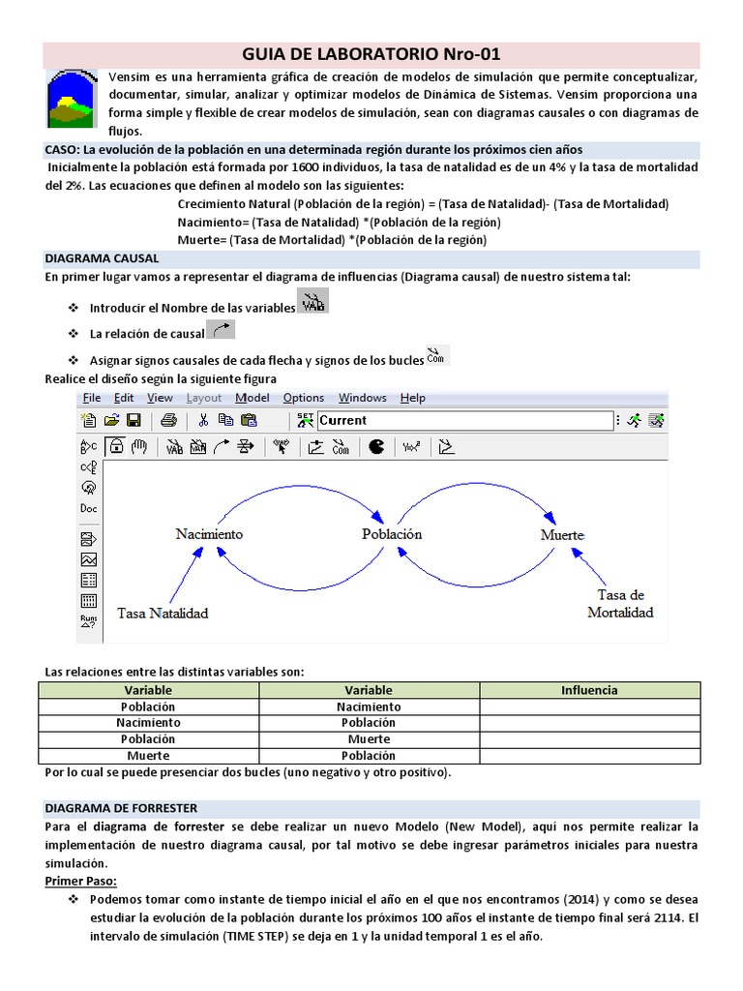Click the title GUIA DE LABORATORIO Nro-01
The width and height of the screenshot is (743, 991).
tap(371, 54)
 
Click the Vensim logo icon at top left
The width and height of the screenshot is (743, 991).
tap(71, 99)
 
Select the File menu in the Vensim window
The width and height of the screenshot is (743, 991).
tap(92, 398)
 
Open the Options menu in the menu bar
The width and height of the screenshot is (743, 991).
tap(304, 398)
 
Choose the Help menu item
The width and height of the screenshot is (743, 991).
tap(412, 398)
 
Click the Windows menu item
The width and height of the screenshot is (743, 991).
tap(362, 398)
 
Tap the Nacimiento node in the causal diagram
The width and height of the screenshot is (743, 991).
tap(209, 534)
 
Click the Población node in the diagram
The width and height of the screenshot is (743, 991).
tap(392, 534)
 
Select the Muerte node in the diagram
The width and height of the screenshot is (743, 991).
tap(562, 535)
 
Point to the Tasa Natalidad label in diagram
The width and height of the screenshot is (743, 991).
tap(163, 613)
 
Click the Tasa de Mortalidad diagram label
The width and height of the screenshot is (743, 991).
tap(620, 603)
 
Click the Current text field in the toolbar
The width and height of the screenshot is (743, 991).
tap(464, 420)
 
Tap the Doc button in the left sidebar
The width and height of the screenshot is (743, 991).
tap(88, 508)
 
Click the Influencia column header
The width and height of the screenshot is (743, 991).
tap(589, 690)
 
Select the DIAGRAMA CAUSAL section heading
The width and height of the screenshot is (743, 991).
tap(102, 259)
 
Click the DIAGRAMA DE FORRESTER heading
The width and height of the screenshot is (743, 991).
tap(121, 807)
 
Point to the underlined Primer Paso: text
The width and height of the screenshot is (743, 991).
tap(80, 881)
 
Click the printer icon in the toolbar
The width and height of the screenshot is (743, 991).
tap(168, 420)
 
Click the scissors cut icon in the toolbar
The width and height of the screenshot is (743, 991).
tap(203, 420)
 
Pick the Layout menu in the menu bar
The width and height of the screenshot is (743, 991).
tap(203, 398)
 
